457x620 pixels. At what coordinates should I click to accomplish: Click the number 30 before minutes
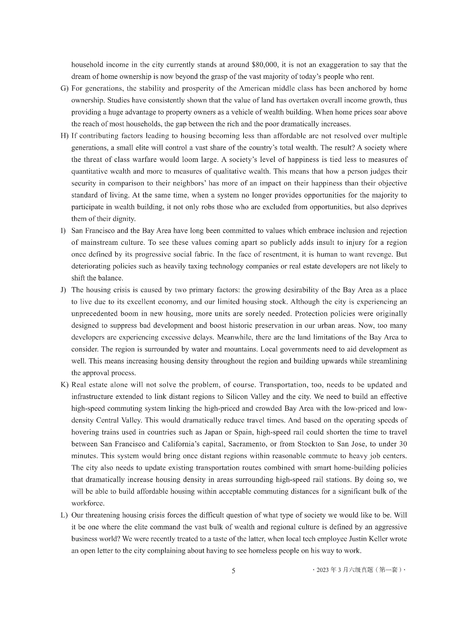pyautogui.click(x=403, y=444)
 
